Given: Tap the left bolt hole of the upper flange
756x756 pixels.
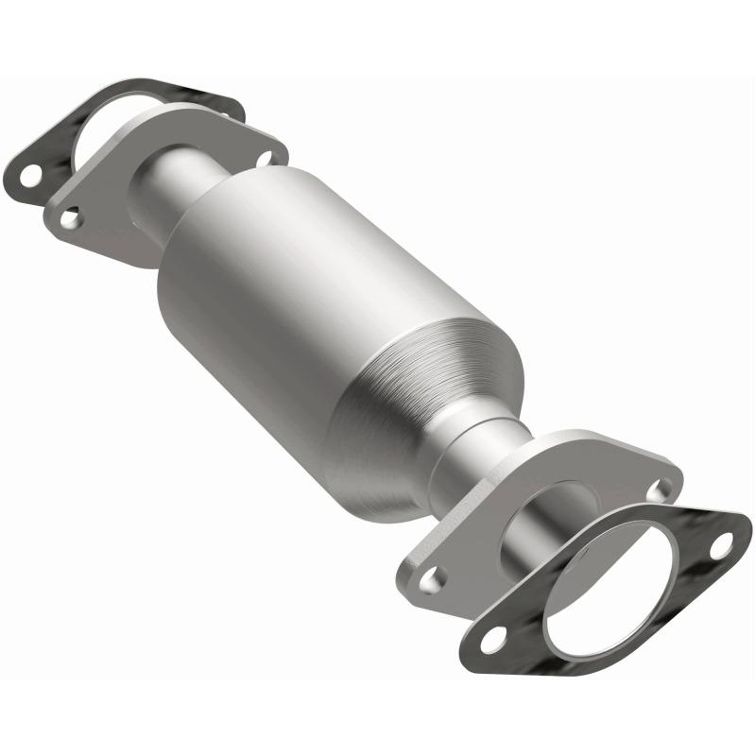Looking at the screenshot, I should click(x=70, y=218).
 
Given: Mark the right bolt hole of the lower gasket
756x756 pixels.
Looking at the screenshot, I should click(x=720, y=546).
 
